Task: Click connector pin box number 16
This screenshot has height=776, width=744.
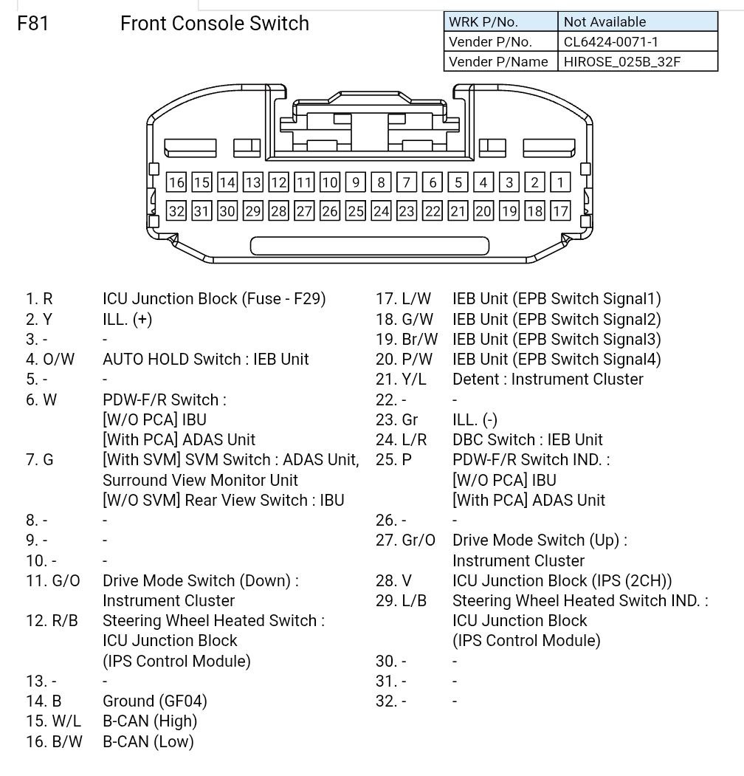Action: (176, 182)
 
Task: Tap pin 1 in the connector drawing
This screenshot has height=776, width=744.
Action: (561, 182)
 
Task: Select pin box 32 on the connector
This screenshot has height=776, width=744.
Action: (176, 211)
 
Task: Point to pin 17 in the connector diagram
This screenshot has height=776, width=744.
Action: (561, 211)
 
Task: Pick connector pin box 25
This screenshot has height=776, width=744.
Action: (356, 211)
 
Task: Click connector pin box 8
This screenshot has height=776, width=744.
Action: (381, 182)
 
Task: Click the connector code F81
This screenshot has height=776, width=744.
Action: (33, 24)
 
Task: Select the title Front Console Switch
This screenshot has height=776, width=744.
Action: (214, 24)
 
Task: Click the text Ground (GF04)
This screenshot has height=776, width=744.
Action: (154, 701)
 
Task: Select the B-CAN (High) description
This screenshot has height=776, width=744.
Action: (150, 721)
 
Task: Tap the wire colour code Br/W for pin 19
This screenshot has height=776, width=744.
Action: (420, 340)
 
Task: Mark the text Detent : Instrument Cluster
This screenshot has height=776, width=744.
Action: (548, 380)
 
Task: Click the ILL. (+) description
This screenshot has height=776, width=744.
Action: (127, 320)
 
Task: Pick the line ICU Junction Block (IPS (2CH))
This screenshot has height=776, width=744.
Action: (562, 581)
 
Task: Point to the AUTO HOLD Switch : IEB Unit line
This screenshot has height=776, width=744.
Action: (205, 360)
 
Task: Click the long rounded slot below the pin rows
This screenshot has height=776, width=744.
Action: (370, 247)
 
